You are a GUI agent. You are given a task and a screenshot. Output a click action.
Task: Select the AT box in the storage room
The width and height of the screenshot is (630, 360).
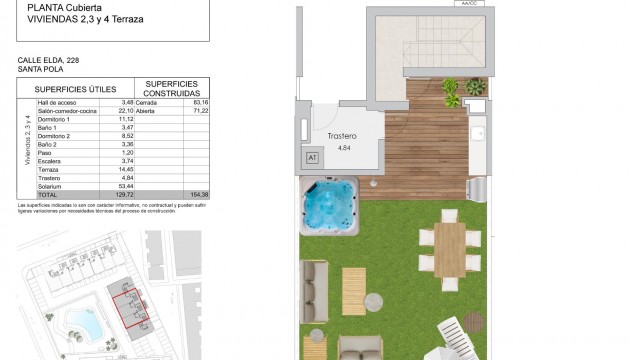(x=311, y=157)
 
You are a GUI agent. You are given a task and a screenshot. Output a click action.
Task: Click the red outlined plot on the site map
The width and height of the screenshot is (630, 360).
(x=129, y=306)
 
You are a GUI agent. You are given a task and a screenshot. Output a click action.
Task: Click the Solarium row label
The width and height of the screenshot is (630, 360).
(x=49, y=185)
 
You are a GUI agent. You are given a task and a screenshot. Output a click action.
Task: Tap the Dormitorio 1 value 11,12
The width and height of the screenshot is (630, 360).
(x=125, y=118)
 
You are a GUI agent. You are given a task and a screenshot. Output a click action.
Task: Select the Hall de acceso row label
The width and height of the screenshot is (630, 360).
(x=58, y=102)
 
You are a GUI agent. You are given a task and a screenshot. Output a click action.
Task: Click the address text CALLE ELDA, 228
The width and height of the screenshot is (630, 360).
(x=49, y=60)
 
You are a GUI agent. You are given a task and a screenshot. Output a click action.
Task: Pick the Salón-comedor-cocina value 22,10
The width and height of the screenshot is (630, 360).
(x=125, y=110)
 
